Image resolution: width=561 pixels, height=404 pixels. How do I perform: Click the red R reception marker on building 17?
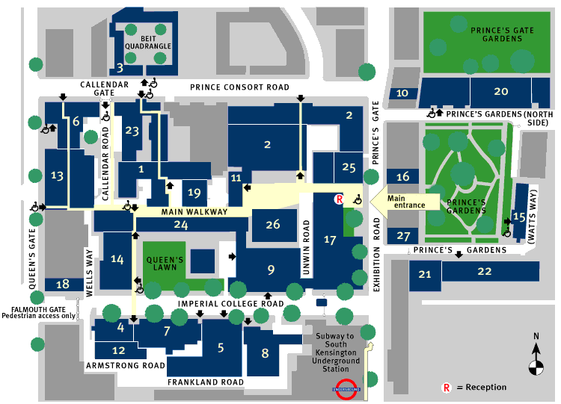point(339,199)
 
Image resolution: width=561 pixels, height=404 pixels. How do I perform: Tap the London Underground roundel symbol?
point(346,389)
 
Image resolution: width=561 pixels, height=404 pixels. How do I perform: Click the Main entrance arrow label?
point(405,202)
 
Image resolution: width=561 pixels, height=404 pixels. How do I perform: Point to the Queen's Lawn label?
point(165,264)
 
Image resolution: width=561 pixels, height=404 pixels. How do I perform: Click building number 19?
point(194,193)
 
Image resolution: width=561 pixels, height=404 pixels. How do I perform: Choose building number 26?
point(272,224)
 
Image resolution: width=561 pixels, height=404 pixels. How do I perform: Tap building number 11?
point(236,178)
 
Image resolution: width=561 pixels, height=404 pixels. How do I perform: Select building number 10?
point(402,93)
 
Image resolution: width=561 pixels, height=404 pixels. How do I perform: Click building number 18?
point(63,285)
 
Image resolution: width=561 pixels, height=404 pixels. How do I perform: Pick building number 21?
point(425,274)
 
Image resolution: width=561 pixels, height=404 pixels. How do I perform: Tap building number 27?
point(403,236)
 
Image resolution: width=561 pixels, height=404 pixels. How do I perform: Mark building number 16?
point(403,176)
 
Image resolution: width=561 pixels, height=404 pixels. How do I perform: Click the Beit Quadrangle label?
point(148,43)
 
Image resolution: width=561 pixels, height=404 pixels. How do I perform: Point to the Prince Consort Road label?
point(239,87)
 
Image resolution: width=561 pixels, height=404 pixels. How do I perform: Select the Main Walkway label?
point(194,212)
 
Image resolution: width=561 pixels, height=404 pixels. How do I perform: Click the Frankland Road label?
point(206,382)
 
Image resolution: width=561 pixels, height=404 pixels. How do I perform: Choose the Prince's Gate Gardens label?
point(502,34)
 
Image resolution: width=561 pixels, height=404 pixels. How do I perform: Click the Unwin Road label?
point(306,247)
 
